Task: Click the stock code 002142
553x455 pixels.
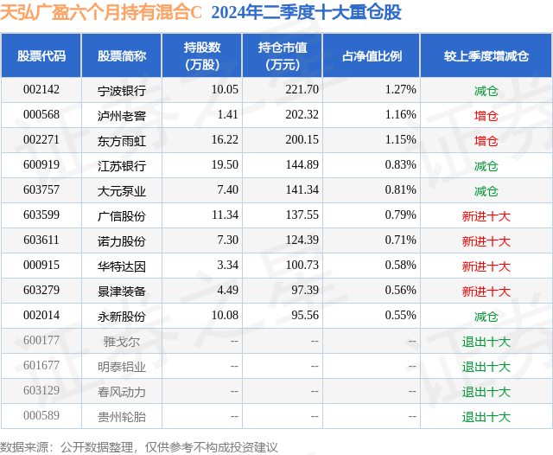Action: click(41, 89)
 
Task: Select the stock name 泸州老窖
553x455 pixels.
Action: click(122, 115)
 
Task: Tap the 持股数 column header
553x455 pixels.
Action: click(201, 56)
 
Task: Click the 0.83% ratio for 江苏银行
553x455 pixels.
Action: click(401, 164)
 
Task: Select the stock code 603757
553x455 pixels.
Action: click(41, 189)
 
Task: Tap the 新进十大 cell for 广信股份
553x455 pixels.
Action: click(486, 215)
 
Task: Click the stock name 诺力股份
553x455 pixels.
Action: click(122, 240)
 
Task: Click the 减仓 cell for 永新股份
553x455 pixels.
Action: click(486, 317)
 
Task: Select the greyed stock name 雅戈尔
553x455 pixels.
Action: click(121, 341)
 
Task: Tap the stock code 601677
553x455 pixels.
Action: click(41, 366)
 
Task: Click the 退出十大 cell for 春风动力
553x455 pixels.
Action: click(486, 392)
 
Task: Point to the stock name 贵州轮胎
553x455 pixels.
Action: click(122, 417)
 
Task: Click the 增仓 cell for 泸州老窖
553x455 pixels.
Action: click(486, 115)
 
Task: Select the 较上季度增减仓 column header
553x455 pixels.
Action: click(486, 56)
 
